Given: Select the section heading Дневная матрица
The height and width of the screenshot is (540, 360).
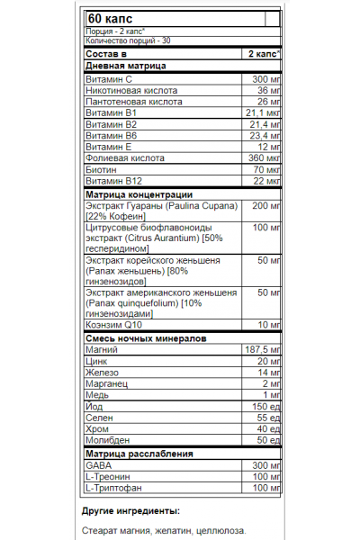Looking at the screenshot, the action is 122,67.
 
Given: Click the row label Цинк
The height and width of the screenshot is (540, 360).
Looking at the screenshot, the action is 94,360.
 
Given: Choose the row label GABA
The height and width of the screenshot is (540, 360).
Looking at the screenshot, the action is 96,465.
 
